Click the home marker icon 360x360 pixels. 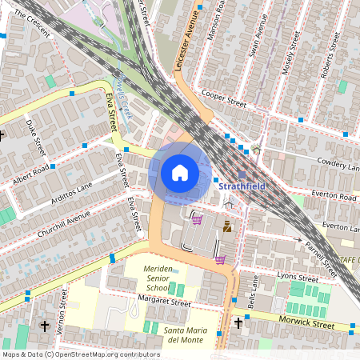[180, 172]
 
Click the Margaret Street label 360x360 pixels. [164, 303]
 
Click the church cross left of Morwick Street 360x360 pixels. [238, 323]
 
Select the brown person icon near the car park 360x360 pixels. [227, 227]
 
